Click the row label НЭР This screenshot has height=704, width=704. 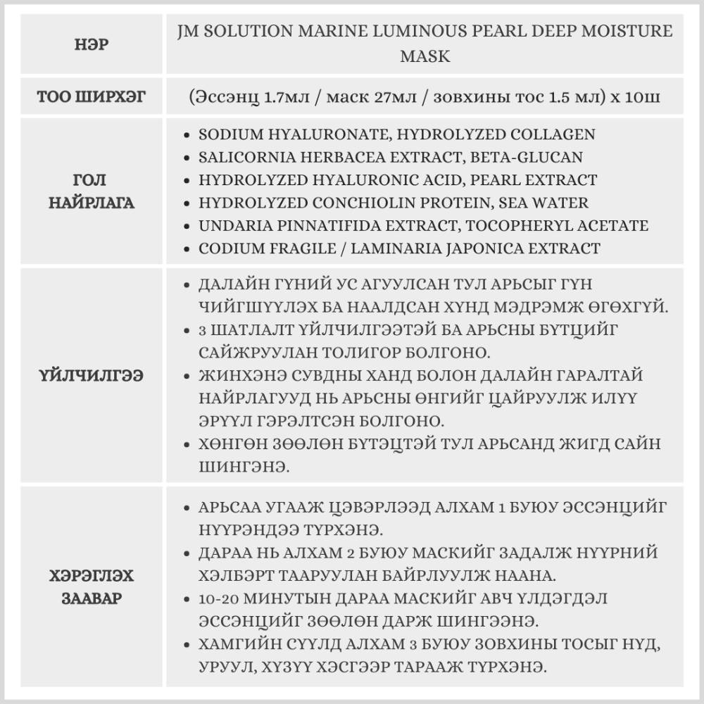click(x=92, y=44)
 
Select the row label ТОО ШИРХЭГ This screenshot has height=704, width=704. click(x=92, y=96)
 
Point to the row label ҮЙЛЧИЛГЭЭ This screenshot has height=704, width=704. click(x=92, y=375)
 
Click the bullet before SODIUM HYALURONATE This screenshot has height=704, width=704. click(x=185, y=134)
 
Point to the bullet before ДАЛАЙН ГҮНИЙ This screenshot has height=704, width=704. click(x=185, y=285)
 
